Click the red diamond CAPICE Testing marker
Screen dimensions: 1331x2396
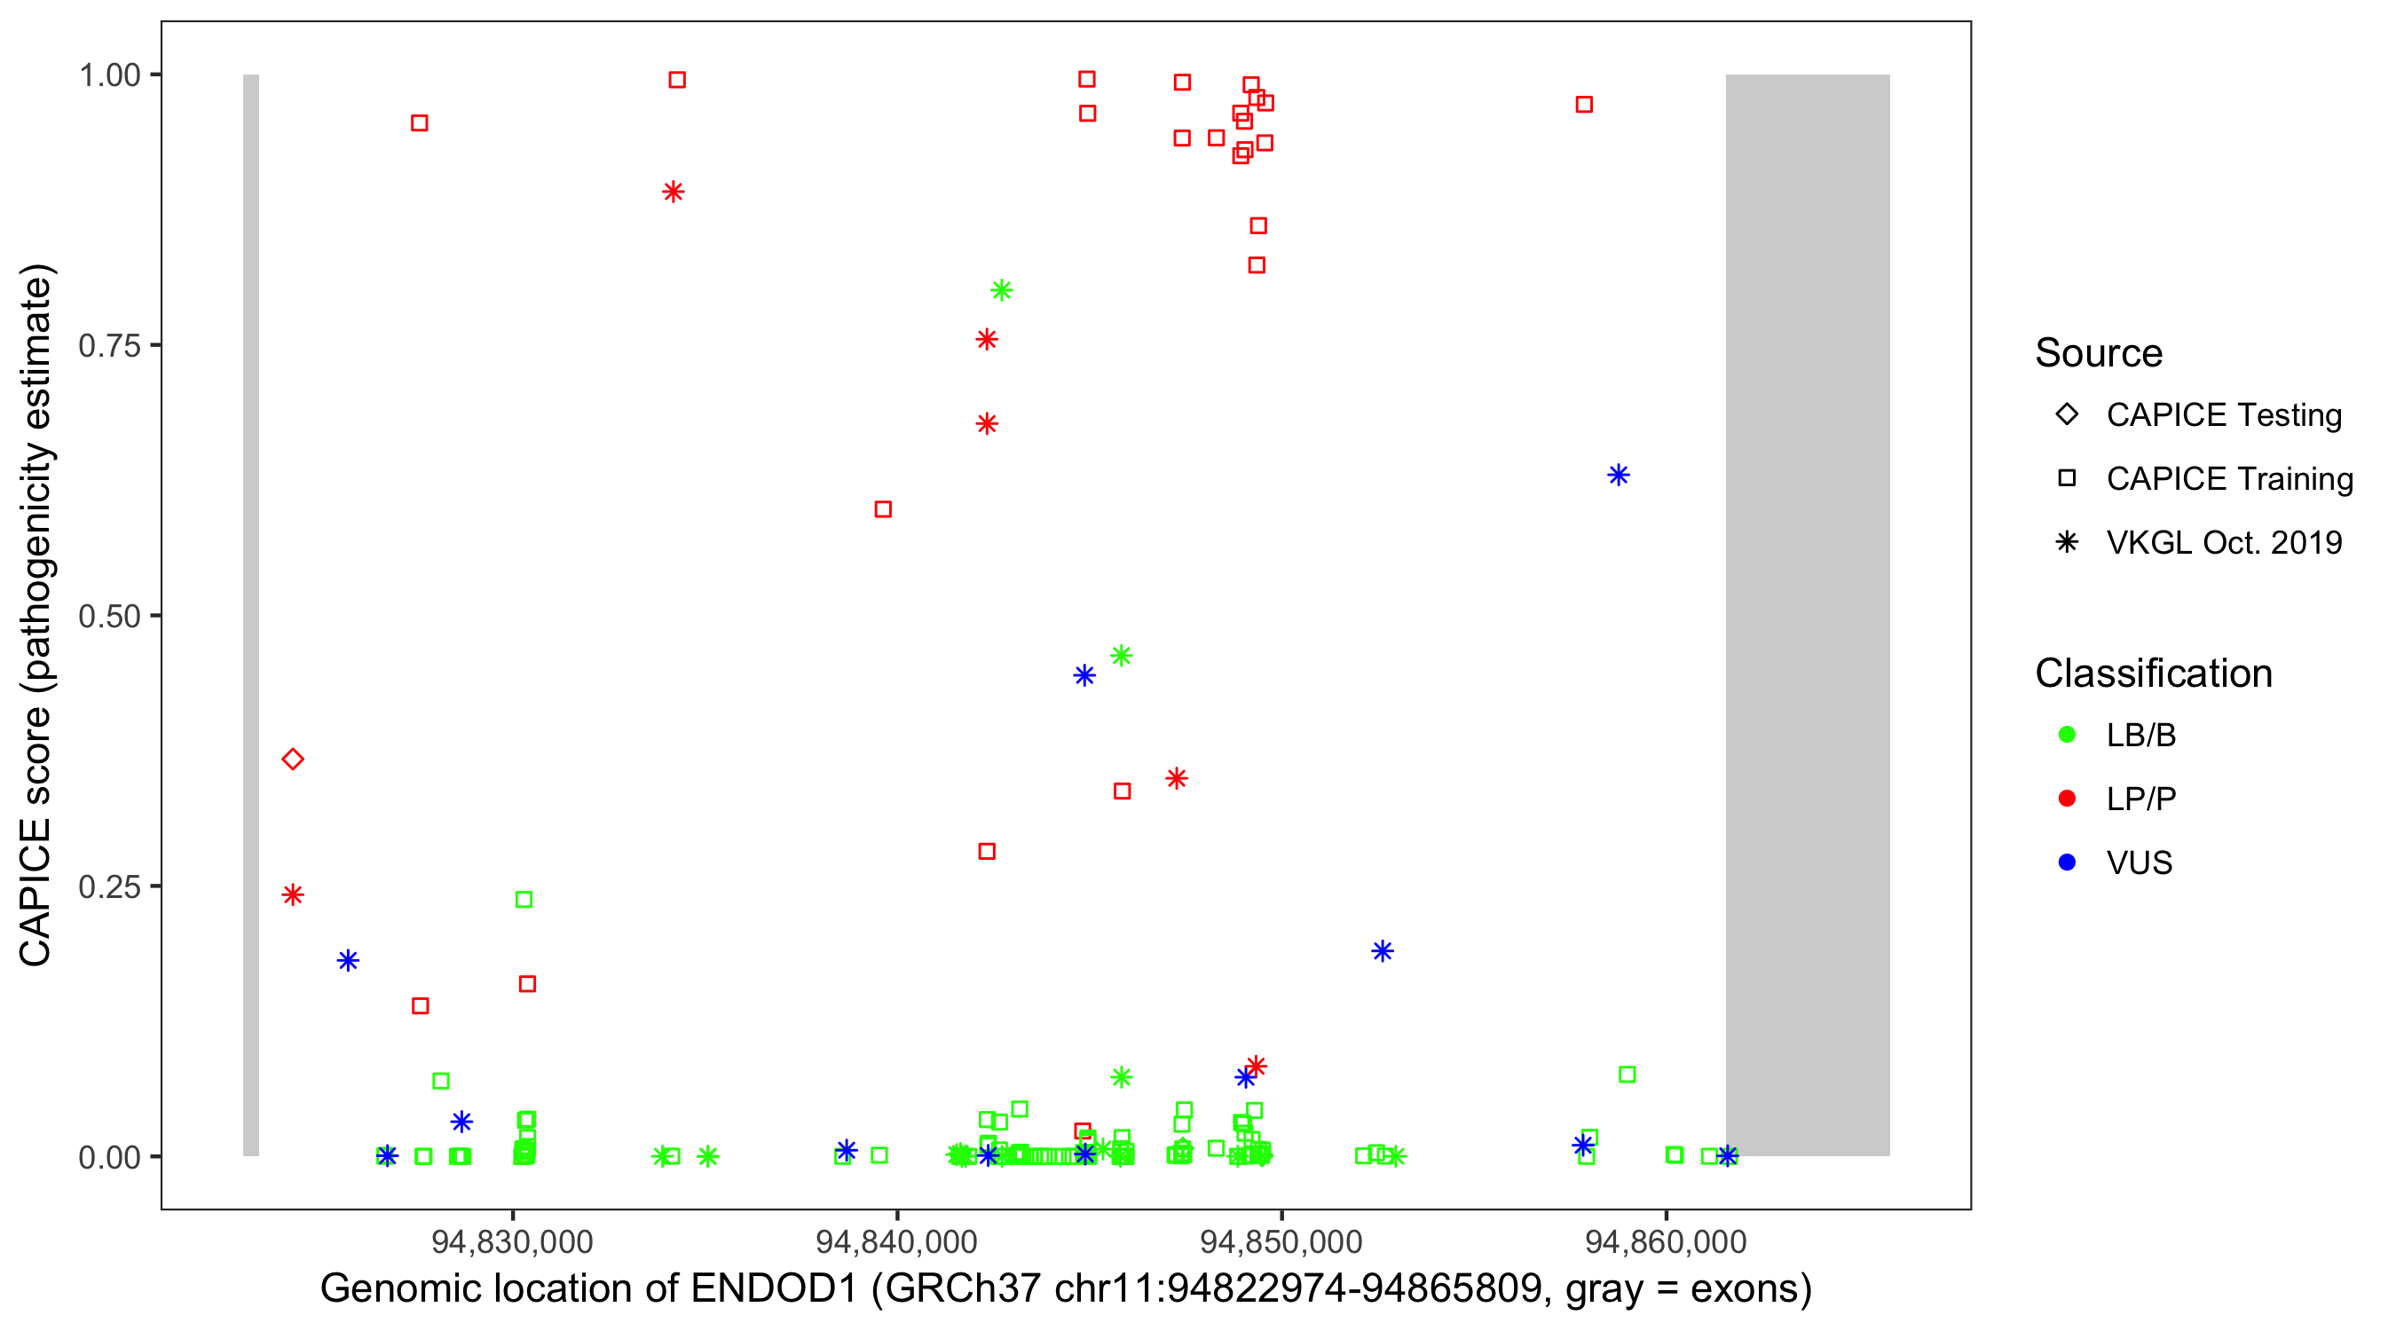[x=293, y=759]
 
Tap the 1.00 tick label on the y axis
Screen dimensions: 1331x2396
[x=109, y=75]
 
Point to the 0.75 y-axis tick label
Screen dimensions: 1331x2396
[x=109, y=346]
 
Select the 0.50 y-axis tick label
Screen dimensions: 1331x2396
[x=109, y=616]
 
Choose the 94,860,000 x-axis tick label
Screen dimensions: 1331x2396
[x=1665, y=1240]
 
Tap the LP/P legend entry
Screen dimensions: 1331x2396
[x=2140, y=799]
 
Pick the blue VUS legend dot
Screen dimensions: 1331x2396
[x=2067, y=863]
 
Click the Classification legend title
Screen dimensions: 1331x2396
[x=2153, y=673]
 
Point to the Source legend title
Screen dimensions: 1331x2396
[x=2099, y=353]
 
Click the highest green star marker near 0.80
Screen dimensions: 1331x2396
[x=1001, y=290]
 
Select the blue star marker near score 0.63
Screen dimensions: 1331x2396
[x=1619, y=476]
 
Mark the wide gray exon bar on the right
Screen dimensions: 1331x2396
[x=1808, y=614]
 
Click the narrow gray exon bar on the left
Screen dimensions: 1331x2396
[x=251, y=614]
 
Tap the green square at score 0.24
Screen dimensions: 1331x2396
[x=524, y=900]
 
